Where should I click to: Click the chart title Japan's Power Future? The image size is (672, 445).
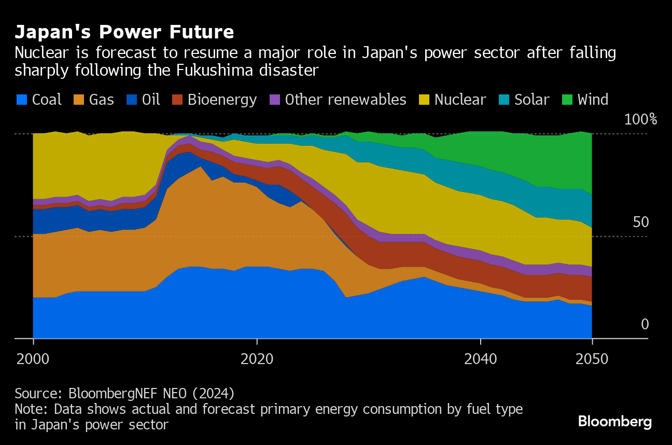[124, 32]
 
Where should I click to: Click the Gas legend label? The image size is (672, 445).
[102, 100]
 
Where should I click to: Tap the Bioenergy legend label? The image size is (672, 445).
[222, 100]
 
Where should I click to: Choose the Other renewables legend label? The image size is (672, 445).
[345, 100]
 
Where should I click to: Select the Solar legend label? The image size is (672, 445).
[531, 100]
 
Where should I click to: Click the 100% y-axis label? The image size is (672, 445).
[640, 119]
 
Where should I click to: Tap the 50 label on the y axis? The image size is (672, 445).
[640, 222]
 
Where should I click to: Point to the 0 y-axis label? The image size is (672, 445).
[645, 324]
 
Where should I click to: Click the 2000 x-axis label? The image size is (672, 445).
[33, 358]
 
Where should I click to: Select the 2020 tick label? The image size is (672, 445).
[257, 358]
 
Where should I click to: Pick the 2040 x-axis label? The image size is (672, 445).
[481, 358]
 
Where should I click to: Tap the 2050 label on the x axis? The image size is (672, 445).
[592, 358]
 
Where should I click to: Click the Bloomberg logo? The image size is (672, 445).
[614, 421]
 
